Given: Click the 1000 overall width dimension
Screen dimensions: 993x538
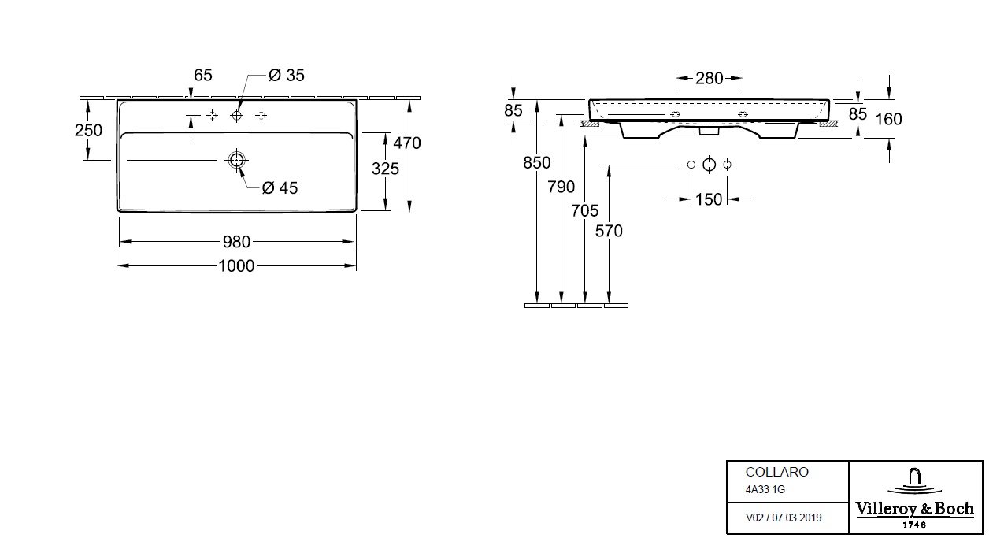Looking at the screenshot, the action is pos(236,266).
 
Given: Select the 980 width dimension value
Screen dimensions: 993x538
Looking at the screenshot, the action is pos(236,242).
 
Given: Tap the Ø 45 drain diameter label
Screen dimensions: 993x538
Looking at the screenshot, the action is pos(280,188).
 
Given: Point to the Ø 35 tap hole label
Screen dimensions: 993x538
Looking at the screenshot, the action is pos(287,76).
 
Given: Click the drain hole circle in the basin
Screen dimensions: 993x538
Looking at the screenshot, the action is pos(237,160).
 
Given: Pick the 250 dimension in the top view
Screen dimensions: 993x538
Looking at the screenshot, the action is pos(88,131).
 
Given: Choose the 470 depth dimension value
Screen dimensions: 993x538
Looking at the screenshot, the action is pos(407,143).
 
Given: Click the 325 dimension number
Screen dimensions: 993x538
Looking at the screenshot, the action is pos(385,169).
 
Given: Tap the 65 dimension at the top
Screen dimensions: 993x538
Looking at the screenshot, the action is pos(203,75).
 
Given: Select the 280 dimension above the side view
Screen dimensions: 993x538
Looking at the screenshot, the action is pos(710,79).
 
